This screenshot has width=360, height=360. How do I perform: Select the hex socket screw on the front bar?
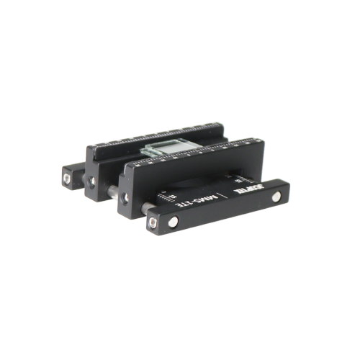click(x=153, y=222)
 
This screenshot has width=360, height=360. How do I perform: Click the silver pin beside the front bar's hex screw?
click(x=174, y=222)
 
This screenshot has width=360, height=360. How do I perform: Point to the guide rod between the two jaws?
click(x=113, y=191)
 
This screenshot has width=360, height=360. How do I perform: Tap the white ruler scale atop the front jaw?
click(x=194, y=153)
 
